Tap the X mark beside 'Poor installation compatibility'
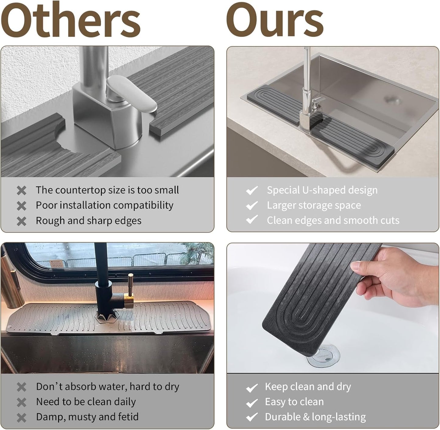22,206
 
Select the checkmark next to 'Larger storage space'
252,206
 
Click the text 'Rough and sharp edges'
89,220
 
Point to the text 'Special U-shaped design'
322,190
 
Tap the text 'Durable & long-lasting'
315,417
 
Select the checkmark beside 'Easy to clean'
252,403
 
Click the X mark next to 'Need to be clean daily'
22,402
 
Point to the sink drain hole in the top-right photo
392,99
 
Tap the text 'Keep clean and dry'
308,386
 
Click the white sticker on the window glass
57,263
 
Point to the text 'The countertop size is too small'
107,190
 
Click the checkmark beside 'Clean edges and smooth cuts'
252,220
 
